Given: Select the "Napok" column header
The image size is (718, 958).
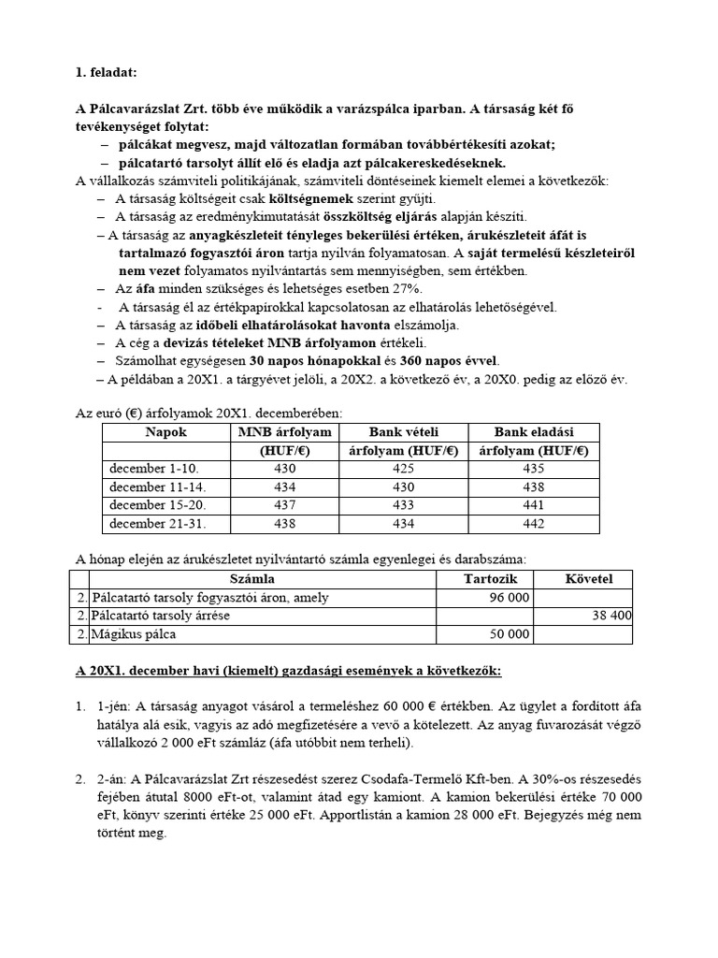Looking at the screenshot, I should (x=165, y=431).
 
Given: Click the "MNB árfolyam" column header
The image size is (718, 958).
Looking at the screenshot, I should (x=285, y=431).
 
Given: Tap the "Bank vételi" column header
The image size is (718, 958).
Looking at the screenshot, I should (x=404, y=431).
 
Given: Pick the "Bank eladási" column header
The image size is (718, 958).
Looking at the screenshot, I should (x=533, y=431).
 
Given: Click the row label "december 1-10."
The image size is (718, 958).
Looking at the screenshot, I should (x=154, y=468).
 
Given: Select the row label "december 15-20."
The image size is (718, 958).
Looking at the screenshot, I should (x=157, y=505).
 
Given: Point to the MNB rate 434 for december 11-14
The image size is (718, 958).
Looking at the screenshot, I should (x=285, y=486).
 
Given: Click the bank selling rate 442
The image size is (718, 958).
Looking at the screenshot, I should (x=533, y=524).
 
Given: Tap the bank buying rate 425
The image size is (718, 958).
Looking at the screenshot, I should (x=404, y=468).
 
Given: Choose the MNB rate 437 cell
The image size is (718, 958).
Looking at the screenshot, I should (x=285, y=505).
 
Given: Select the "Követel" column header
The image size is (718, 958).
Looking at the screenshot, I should (x=589, y=579).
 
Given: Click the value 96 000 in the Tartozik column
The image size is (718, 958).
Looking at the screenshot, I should (x=510, y=598).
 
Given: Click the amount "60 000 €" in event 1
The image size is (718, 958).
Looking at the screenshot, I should (x=479, y=706).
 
